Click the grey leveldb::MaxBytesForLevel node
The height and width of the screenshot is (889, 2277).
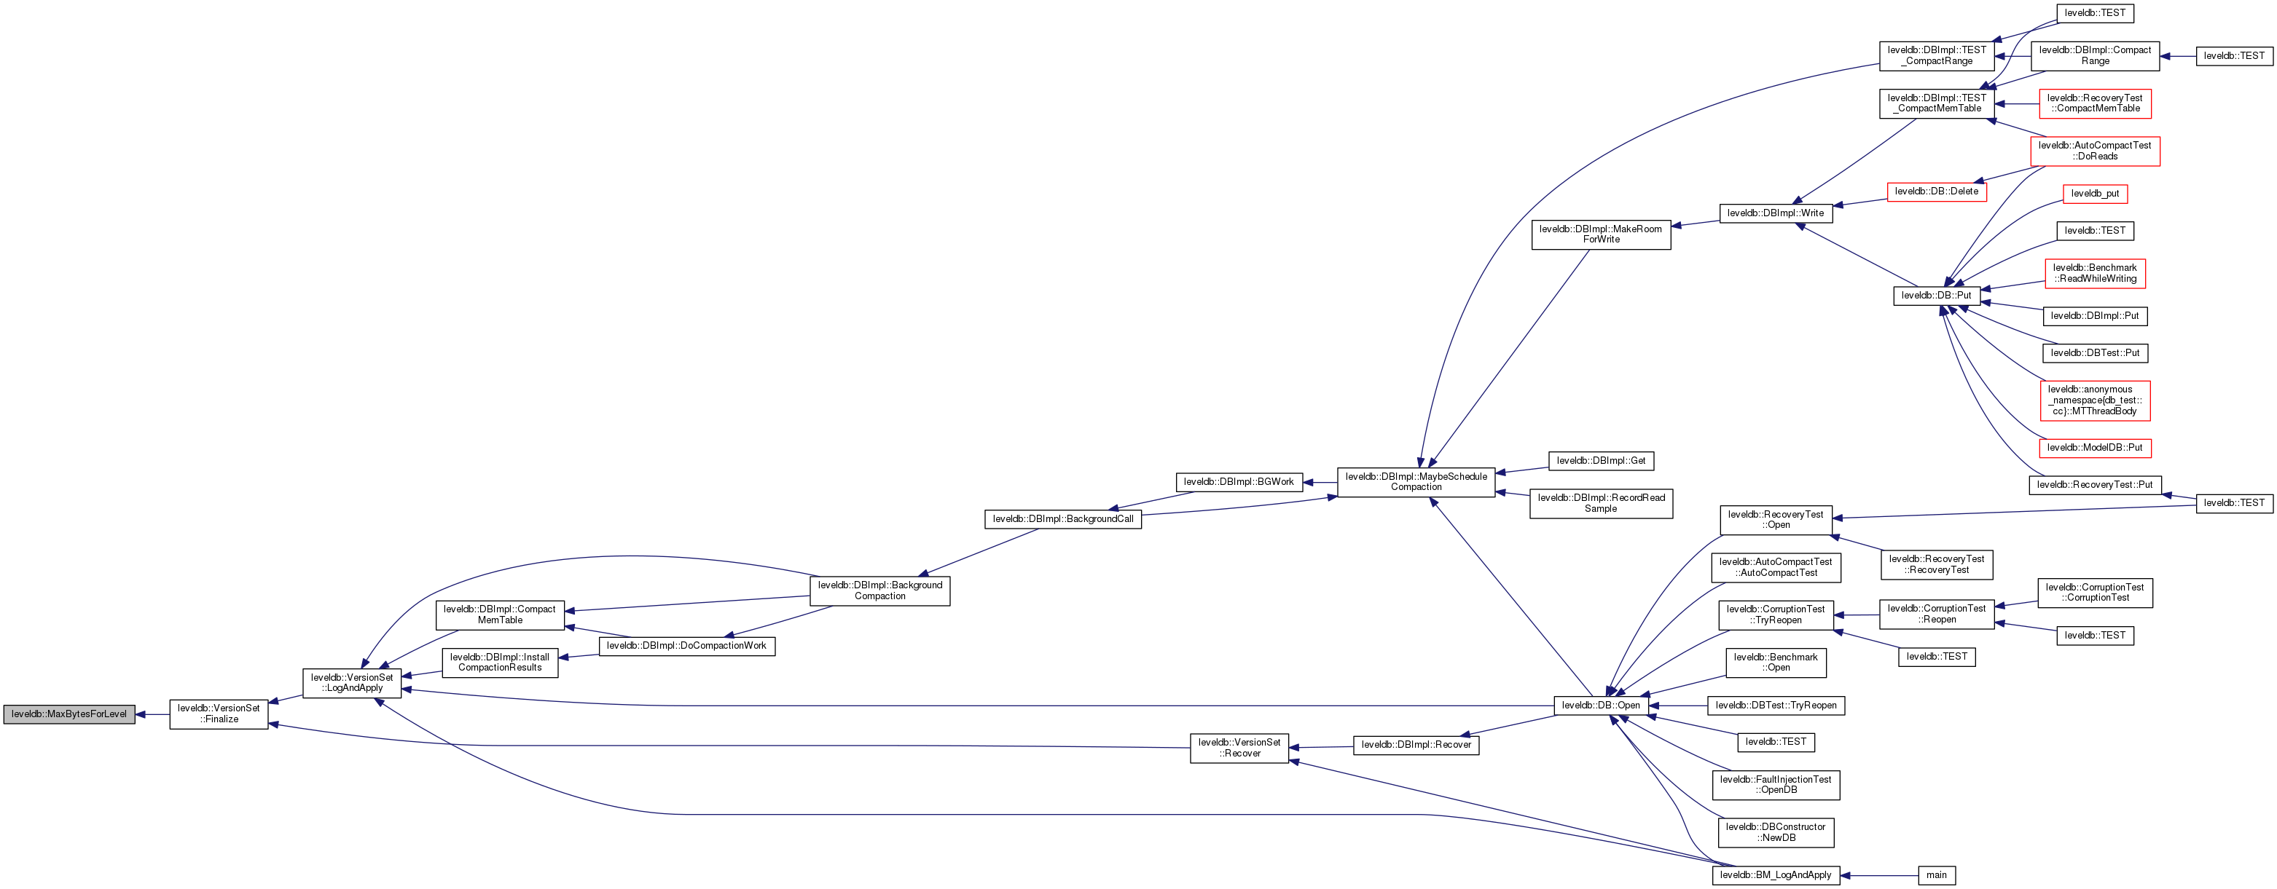[69, 714]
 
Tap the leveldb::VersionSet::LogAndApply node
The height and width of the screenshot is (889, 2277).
[352, 683]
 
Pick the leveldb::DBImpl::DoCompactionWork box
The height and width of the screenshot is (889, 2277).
[687, 646]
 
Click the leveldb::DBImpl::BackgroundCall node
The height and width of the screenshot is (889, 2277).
[1062, 518]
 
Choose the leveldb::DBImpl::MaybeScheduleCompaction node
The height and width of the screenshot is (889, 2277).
[1415, 481]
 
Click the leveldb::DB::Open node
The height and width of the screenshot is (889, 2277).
[1601, 706]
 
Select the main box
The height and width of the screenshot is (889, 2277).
[1937, 875]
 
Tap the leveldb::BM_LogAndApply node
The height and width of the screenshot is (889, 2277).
[1776, 875]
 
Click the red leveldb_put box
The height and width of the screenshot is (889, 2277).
[2095, 194]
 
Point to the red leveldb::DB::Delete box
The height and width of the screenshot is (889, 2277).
[1937, 191]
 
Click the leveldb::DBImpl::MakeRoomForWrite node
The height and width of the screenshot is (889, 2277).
[1601, 234]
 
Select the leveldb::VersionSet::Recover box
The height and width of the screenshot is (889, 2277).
[1239, 748]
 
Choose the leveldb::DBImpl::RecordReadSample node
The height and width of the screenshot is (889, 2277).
[1601, 504]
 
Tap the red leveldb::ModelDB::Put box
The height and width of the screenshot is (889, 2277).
[2095, 448]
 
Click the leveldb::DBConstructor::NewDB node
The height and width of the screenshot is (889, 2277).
[1776, 832]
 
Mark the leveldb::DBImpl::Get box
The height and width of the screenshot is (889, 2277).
[1601, 460]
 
